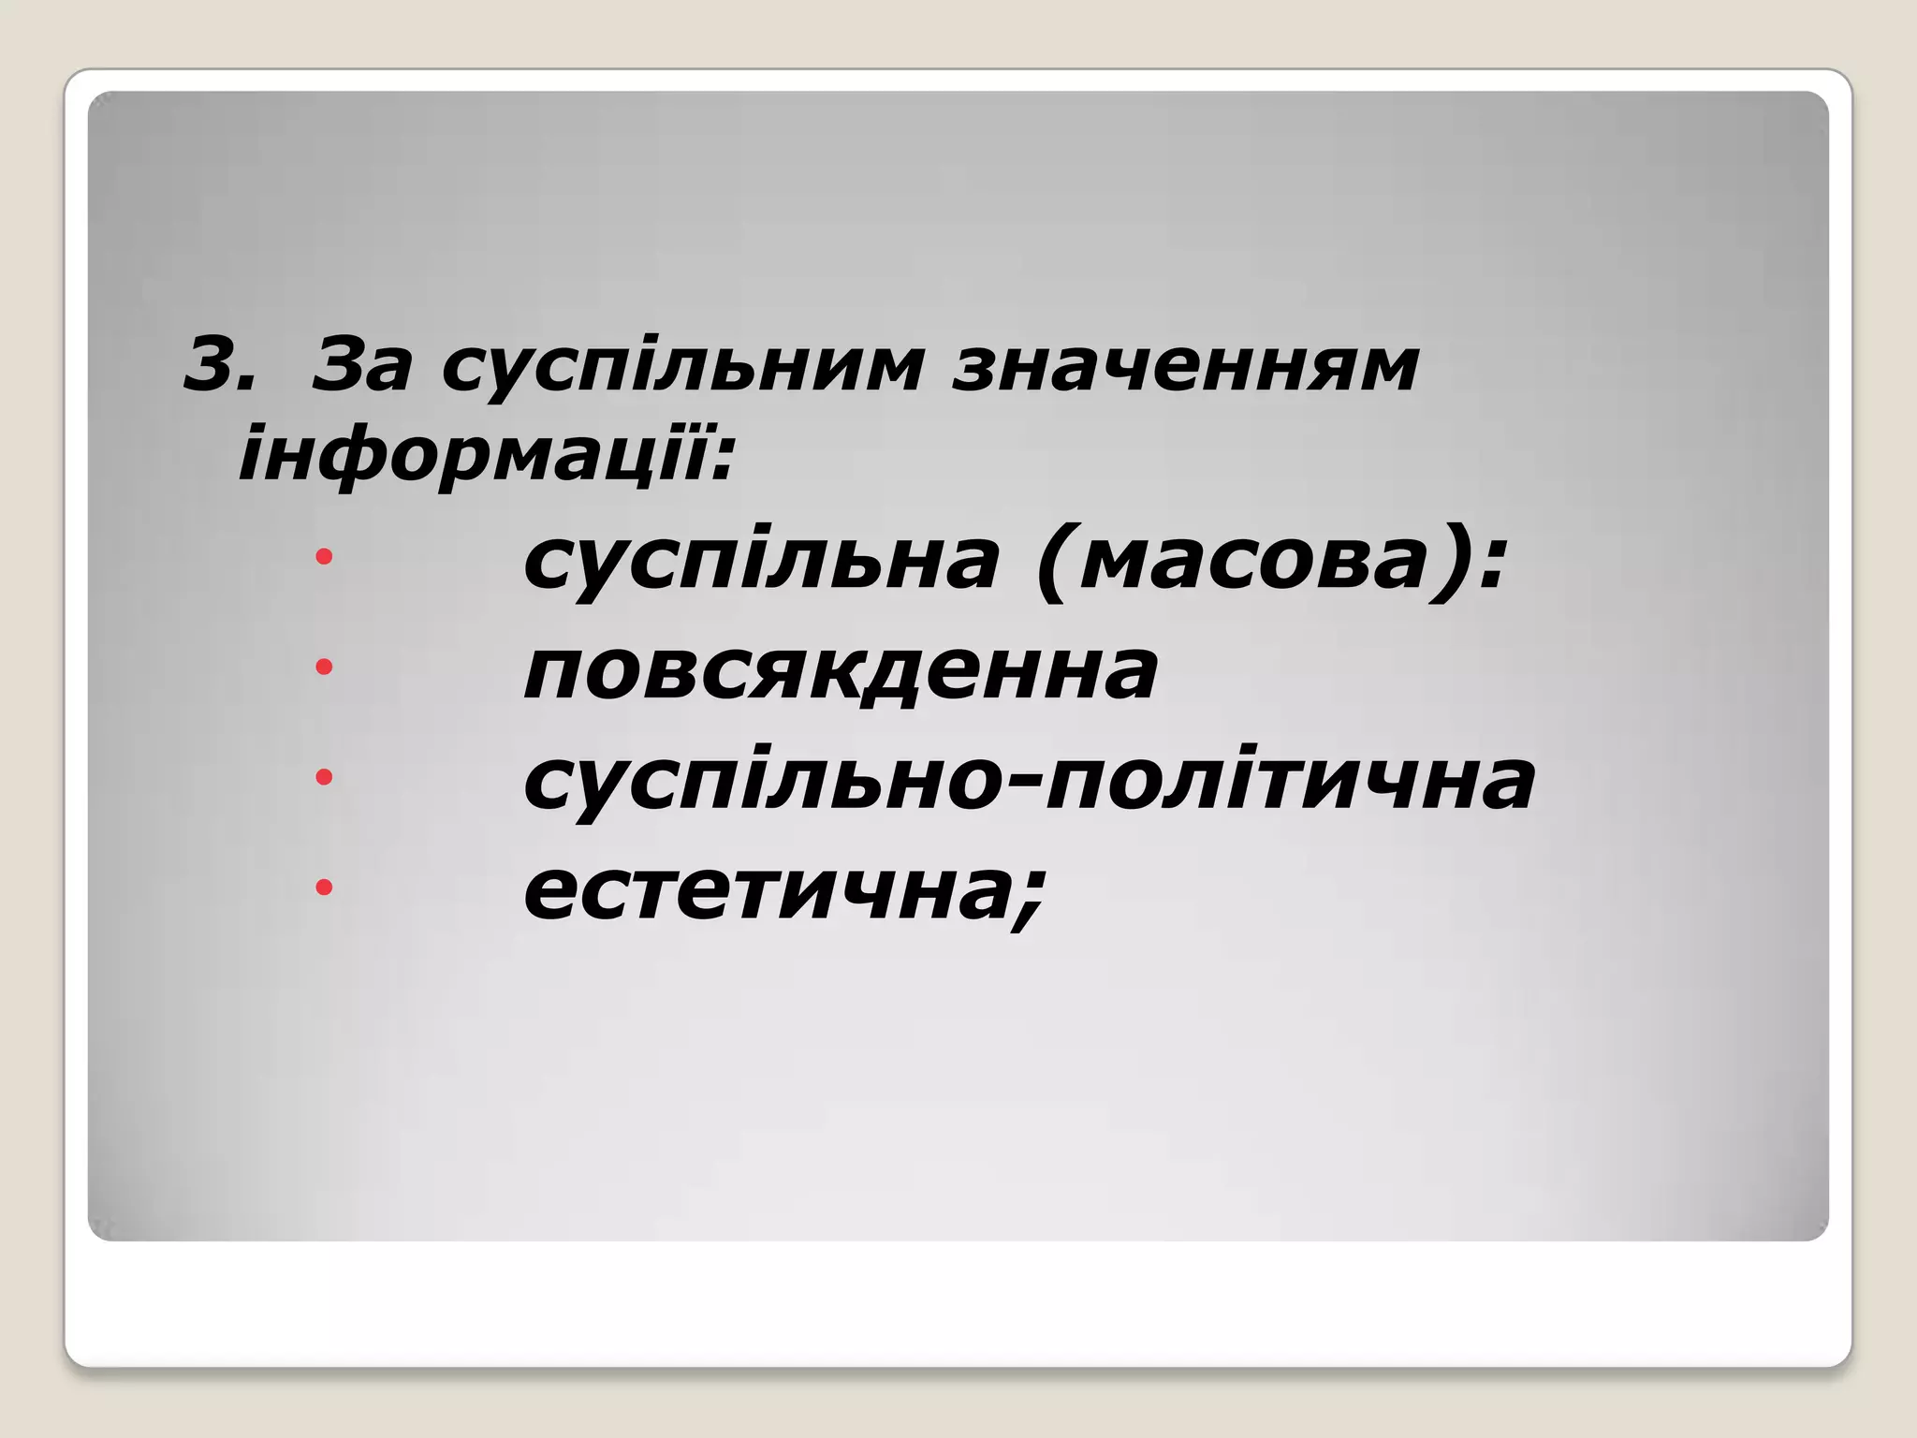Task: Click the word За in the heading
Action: pos(360,364)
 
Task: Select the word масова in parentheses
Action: pos(1254,562)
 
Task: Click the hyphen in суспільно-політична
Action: pos(1028,785)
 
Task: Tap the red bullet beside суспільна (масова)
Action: pos(324,558)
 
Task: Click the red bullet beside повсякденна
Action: pos(324,667)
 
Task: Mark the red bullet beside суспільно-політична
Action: pos(324,776)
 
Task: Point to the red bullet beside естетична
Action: pos(324,886)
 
